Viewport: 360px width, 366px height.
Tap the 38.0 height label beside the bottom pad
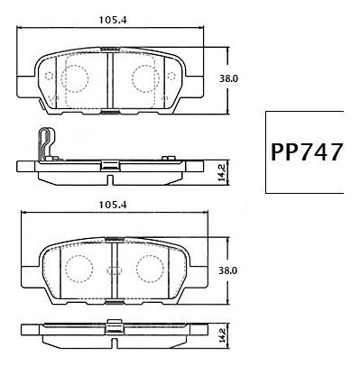click(229, 269)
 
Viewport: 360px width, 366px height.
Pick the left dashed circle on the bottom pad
click(78, 268)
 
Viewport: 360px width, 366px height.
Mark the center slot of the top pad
click(108, 76)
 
